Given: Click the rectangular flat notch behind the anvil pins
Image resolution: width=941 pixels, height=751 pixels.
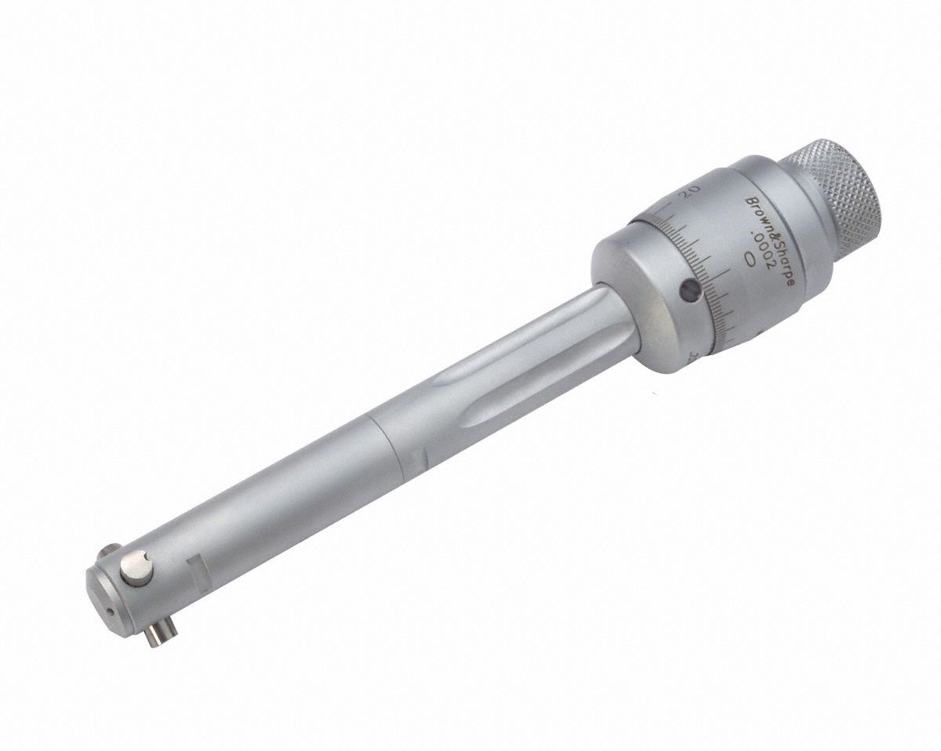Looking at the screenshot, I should tap(196, 564).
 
